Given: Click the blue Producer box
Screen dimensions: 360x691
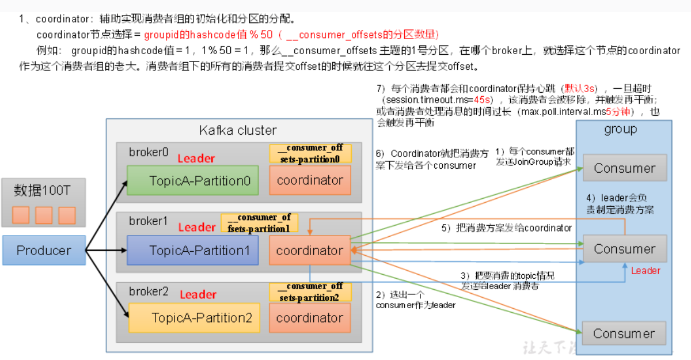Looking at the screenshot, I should [x=44, y=250].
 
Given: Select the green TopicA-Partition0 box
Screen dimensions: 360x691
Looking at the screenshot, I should [x=192, y=181].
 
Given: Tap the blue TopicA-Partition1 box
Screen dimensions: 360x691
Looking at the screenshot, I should [x=192, y=251].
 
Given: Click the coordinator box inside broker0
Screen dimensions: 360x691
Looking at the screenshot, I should [x=310, y=180].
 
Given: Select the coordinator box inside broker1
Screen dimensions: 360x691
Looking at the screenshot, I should [x=310, y=251].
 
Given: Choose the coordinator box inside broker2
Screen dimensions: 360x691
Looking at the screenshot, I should [x=310, y=318].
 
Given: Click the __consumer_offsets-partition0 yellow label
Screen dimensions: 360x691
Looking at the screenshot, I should [x=310, y=153].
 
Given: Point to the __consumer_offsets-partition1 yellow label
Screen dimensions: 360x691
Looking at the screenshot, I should [x=259, y=222].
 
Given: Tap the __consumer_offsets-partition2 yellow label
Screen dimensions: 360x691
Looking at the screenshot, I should [x=310, y=291].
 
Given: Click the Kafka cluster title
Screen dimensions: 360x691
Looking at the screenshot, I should [x=238, y=130].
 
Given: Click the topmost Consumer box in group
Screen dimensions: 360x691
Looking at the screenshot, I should [x=625, y=168].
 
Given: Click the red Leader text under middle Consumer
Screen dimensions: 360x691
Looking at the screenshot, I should [x=646, y=271].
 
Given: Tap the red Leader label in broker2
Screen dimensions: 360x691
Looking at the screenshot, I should [x=198, y=295].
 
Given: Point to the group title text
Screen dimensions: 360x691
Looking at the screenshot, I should [x=620, y=129].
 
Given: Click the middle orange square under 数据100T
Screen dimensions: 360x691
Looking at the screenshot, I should [x=44, y=215].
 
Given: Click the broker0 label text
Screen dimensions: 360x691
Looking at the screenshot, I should [x=149, y=153].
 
